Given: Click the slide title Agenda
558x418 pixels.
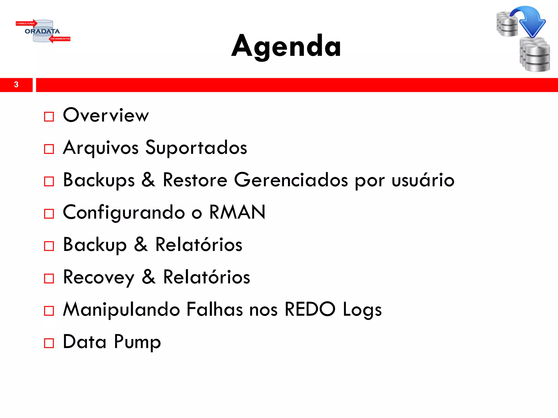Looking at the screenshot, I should click(286, 46).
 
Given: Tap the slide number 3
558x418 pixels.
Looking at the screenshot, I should click(16, 85).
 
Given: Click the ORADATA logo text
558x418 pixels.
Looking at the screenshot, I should click(42, 31).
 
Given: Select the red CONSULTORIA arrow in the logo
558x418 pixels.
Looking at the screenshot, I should click(26, 23).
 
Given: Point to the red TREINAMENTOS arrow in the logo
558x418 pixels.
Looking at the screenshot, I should click(60, 39).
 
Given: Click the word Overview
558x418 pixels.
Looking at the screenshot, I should click(106, 115).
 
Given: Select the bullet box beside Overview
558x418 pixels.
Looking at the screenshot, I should click(49, 117).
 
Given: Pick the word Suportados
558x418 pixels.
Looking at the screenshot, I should click(196, 147).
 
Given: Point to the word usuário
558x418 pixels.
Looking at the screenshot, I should click(423, 180).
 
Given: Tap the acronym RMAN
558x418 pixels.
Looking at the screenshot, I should click(237, 212).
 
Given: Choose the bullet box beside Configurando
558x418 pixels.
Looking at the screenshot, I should click(49, 214).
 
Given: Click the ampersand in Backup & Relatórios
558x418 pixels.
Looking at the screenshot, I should click(141, 244).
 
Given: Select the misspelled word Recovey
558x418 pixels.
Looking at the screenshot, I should click(99, 277).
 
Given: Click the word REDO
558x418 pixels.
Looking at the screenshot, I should click(310, 309).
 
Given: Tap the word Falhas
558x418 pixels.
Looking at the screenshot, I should click(214, 309).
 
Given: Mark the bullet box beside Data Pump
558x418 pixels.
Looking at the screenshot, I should click(49, 343).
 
